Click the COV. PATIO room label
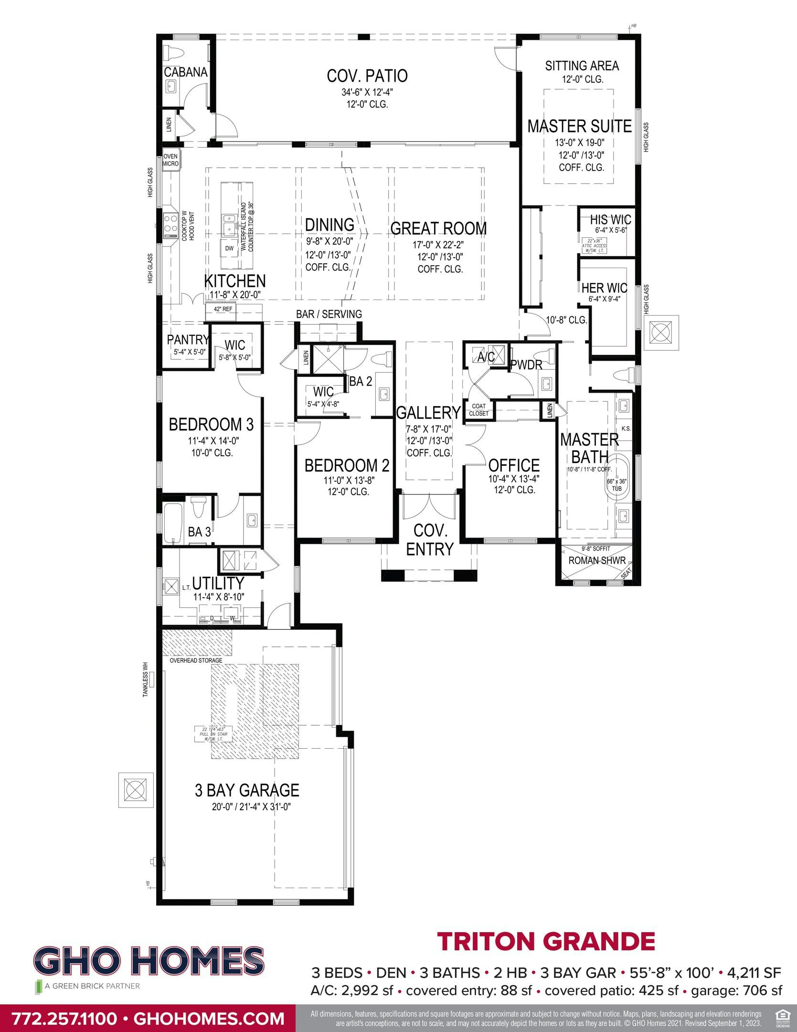367,76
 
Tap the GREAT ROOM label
438,229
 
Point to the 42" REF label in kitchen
223,309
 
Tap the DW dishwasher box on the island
229,248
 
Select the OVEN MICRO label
170,160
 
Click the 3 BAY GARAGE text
246,790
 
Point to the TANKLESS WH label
146,679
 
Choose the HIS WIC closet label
610,220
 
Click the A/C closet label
486,356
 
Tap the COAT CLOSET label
478,410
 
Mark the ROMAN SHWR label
596,560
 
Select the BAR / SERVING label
329,314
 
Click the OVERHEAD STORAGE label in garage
196,660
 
